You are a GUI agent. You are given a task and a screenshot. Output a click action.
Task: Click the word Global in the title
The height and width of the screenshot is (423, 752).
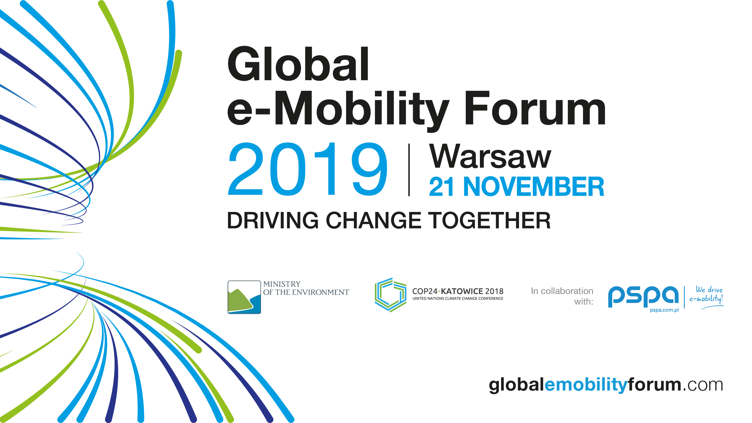click(298, 63)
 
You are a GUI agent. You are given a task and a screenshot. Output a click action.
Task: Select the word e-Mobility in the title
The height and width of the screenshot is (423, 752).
click(338, 111)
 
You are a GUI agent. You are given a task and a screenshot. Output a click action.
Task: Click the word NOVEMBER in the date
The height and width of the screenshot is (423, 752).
click(534, 187)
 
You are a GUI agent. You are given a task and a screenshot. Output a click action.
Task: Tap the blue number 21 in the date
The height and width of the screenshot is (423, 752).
click(441, 187)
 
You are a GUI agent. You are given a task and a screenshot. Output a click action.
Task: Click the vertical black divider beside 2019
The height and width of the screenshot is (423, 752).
click(409, 170)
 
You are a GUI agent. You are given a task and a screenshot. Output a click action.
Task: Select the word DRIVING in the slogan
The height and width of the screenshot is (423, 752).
click(273, 220)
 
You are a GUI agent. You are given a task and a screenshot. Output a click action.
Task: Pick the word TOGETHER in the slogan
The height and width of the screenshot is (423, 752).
click(489, 220)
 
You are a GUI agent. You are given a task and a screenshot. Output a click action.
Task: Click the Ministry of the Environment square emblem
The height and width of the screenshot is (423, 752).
click(244, 297)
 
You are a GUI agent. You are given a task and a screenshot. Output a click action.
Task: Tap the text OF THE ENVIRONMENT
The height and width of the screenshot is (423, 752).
click(306, 292)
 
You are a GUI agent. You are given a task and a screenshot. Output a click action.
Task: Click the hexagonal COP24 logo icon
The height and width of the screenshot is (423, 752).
click(391, 295)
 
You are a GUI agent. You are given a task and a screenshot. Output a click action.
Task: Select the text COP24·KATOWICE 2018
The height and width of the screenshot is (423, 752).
click(458, 291)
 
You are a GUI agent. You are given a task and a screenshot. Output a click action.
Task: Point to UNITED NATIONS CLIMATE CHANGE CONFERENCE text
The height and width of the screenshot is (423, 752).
click(458, 299)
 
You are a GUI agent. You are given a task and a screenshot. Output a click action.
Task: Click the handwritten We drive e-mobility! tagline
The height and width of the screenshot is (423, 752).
click(707, 298)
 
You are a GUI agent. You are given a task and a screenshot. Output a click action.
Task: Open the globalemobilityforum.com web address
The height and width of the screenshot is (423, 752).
click(606, 385)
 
